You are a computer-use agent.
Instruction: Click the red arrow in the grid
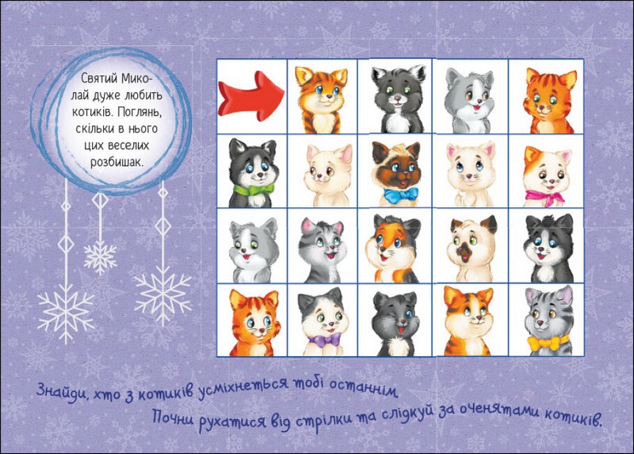tap(251, 97)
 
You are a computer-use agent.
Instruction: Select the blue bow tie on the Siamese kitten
tap(401, 195)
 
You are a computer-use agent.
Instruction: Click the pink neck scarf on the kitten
tap(544, 197)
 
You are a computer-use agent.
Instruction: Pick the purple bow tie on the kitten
tap(324, 340)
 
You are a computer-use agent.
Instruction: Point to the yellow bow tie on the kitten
tap(548, 343)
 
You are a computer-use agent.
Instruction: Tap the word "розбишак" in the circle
tap(116, 162)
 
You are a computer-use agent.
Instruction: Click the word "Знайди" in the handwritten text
tap(62, 391)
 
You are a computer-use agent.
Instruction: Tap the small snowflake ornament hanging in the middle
tap(100, 256)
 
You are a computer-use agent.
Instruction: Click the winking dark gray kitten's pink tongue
tap(400, 329)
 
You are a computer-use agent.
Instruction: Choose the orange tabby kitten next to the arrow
tap(322, 100)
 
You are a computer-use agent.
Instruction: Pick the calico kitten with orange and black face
tap(392, 248)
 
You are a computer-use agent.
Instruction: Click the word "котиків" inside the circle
tap(89, 111)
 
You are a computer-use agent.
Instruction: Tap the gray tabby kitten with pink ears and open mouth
tap(323, 250)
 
